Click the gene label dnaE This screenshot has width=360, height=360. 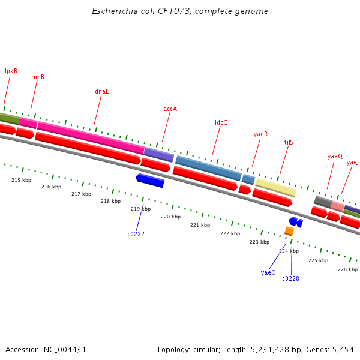(102, 91)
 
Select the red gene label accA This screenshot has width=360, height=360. (170, 109)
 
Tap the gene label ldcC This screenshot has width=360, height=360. (221, 122)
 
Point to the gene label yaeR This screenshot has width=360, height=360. (260, 134)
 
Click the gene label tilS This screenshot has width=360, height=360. (289, 143)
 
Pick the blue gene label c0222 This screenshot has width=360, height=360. (136, 234)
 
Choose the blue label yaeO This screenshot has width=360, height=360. (268, 272)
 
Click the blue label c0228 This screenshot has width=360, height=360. (290, 278)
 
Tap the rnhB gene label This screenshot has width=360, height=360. (38, 77)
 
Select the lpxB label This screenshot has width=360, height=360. (11, 71)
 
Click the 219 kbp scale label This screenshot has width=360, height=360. (141, 209)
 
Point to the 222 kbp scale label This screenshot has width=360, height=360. (230, 233)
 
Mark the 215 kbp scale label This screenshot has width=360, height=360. (21, 180)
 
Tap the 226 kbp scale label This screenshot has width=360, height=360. (347, 269)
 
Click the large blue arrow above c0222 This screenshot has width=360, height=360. (150, 180)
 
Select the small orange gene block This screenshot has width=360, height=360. (289, 231)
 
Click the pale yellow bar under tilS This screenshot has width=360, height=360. (276, 187)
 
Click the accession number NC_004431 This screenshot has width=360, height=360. (63, 349)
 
